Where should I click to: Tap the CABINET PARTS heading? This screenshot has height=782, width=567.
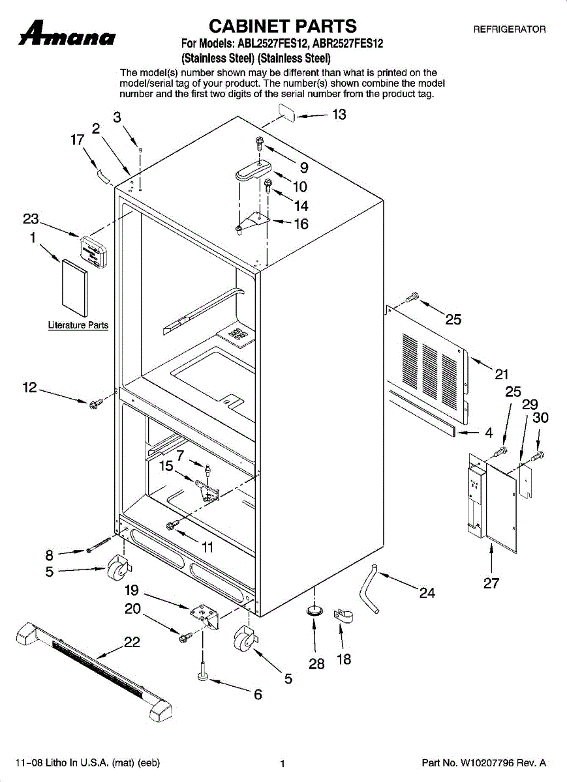coord(282,26)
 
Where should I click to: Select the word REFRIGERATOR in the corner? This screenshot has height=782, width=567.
coord(509,29)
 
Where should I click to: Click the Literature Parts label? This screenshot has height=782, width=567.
coord(78,325)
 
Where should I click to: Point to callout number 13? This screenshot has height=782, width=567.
coord(339,115)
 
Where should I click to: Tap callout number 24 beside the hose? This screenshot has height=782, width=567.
coord(427,592)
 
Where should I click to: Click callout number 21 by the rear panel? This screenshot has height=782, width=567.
coord(501,374)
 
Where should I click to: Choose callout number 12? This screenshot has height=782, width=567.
coord(29,388)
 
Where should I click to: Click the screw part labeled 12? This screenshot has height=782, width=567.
coord(94,405)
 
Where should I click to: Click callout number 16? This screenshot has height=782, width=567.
coord(301,224)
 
